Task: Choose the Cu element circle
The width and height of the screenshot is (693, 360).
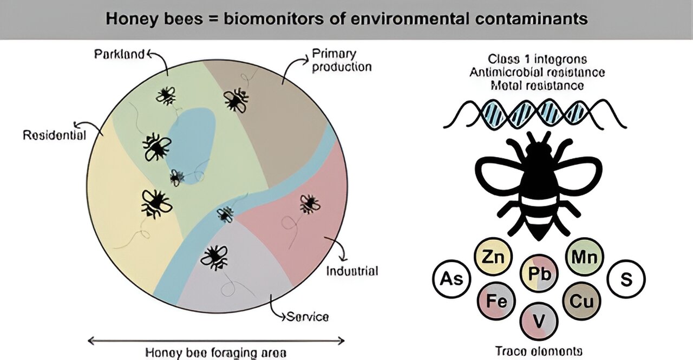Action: pos(582,300)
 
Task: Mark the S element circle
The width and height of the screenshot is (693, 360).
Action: pos(626,280)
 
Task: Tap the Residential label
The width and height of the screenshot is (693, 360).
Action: pos(54,135)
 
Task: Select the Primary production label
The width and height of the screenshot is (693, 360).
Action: pos(341,60)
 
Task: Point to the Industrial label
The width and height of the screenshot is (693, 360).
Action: pos(351,271)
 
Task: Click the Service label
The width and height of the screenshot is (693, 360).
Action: pos(308,316)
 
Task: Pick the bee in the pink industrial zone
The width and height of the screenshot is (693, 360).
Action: pos(309,204)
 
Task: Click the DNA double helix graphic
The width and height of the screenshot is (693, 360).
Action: pos(534,114)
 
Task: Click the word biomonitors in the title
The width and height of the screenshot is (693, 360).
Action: pos(227,19)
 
